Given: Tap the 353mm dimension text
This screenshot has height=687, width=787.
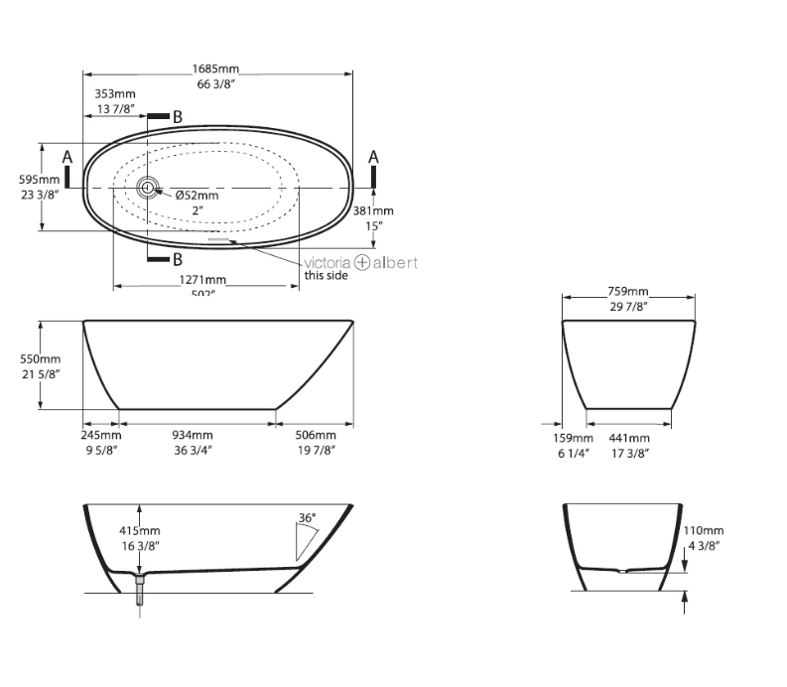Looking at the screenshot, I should pos(116,94).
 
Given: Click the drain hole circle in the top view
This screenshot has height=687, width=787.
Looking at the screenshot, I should pos(149,187).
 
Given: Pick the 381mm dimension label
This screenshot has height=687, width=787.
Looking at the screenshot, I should pos(373,210).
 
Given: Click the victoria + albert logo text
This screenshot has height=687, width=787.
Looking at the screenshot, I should pos(360,263).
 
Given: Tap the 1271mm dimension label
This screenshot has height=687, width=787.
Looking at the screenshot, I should pos(203,280).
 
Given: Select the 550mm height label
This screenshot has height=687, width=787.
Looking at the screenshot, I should pos(41,359).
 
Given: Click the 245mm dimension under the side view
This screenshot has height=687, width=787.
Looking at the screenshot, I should pos(101,435).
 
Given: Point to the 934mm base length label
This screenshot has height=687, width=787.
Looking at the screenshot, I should pos(193,435).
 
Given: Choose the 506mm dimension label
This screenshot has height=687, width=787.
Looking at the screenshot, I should pos(316,435).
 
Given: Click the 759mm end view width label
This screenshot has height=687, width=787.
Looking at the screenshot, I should pos(627,292).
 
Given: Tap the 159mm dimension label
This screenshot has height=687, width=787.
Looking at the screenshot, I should pos(574,438).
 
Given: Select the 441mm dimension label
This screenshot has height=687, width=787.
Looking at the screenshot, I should pos(629,438).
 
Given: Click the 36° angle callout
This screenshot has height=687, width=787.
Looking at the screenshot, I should pos(307,517).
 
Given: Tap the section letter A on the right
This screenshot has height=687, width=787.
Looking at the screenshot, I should pos(374,157).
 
